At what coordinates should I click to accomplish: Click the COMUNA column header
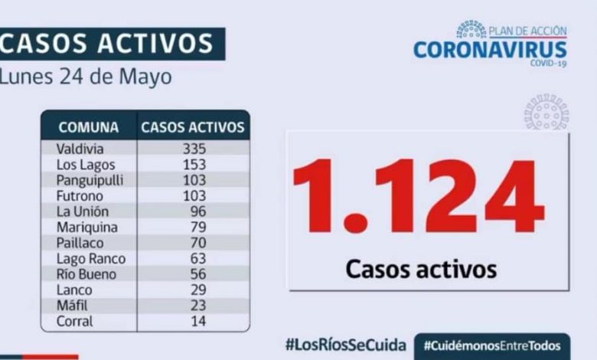[x=89, y=127]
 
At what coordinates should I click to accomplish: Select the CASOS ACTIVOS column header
[x=193, y=127]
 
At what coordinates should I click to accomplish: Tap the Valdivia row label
[x=80, y=149]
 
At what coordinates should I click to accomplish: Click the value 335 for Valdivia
[x=194, y=149]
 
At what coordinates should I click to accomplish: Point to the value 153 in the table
[x=194, y=165]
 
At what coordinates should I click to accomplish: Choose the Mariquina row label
[x=87, y=227]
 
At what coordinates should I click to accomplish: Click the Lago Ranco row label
[x=91, y=259]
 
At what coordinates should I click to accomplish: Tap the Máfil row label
[x=73, y=306]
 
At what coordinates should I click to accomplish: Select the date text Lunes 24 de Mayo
[x=86, y=77]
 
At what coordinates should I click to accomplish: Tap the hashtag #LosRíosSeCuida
[x=345, y=345]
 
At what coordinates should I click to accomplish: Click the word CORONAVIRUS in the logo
[x=490, y=50]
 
